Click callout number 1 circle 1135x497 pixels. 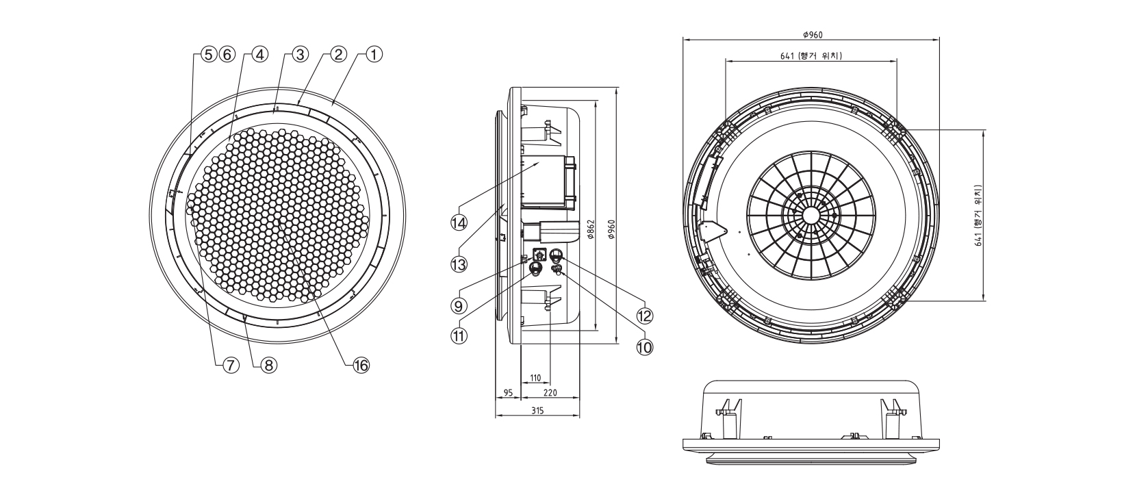tap(374, 54)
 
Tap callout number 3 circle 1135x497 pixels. tap(298, 54)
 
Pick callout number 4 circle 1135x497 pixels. tap(259, 54)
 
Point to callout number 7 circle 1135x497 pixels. tap(231, 366)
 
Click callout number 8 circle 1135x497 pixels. tap(268, 366)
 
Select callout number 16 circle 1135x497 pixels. tap(361, 366)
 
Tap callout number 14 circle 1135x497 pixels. tap(458, 222)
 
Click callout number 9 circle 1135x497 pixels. tap(458, 303)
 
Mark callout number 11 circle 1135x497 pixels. tap(458, 335)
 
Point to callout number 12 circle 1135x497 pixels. tap(644, 316)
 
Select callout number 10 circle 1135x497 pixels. tap(644, 347)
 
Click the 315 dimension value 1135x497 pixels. tap(537, 410)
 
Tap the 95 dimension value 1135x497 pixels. tap(508, 393)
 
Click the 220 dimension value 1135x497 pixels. tap(550, 393)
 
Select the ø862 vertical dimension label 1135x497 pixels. tap(590, 231)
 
